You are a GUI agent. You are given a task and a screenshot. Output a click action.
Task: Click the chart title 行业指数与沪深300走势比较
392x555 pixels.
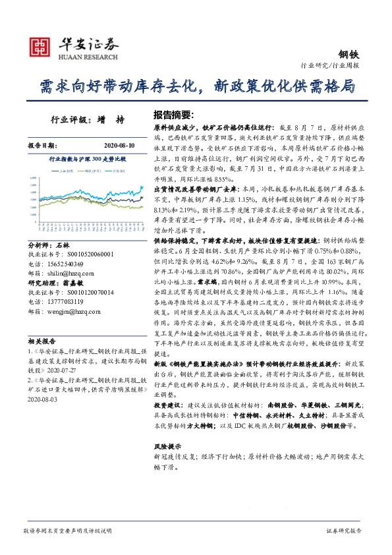pos(88,160)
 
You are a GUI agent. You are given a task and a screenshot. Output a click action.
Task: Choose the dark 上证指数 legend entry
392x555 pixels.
pos(67,171)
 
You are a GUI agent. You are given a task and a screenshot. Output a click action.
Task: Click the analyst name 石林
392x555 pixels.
pos(63,245)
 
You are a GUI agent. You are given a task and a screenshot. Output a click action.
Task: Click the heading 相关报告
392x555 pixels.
pos(41,341)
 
